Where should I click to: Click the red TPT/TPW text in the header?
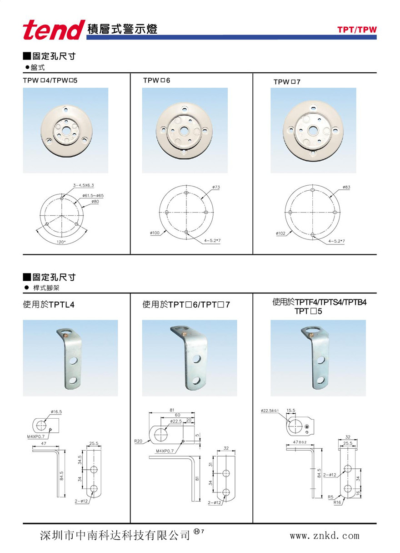pyautogui.click(x=357, y=30)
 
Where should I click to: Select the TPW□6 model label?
pyautogui.click(x=157, y=81)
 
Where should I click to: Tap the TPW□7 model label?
pyautogui.click(x=287, y=82)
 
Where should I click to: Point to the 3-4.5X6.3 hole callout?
pyautogui.click(x=83, y=185)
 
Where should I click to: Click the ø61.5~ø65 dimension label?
pyautogui.click(x=93, y=196)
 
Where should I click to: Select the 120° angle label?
pyautogui.click(x=61, y=242)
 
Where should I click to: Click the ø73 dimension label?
pyautogui.click(x=216, y=187)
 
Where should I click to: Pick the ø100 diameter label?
pyautogui.click(x=155, y=233)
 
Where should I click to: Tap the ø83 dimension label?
pyautogui.click(x=346, y=187)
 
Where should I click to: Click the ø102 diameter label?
pyautogui.click(x=280, y=233)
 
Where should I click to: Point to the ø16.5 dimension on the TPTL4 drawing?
pyautogui.click(x=56, y=412)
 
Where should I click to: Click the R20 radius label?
pyautogui.click(x=138, y=441)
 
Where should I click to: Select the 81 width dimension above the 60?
pyautogui.click(x=172, y=410)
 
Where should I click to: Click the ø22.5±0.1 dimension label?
pyautogui.click(x=270, y=411)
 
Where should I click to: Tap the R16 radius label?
pyautogui.click(x=337, y=502)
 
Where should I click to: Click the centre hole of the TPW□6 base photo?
pyautogui.click(x=184, y=131)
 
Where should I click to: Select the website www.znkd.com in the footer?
pyautogui.click(x=325, y=536)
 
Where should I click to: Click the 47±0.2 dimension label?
pyautogui.click(x=300, y=442)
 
